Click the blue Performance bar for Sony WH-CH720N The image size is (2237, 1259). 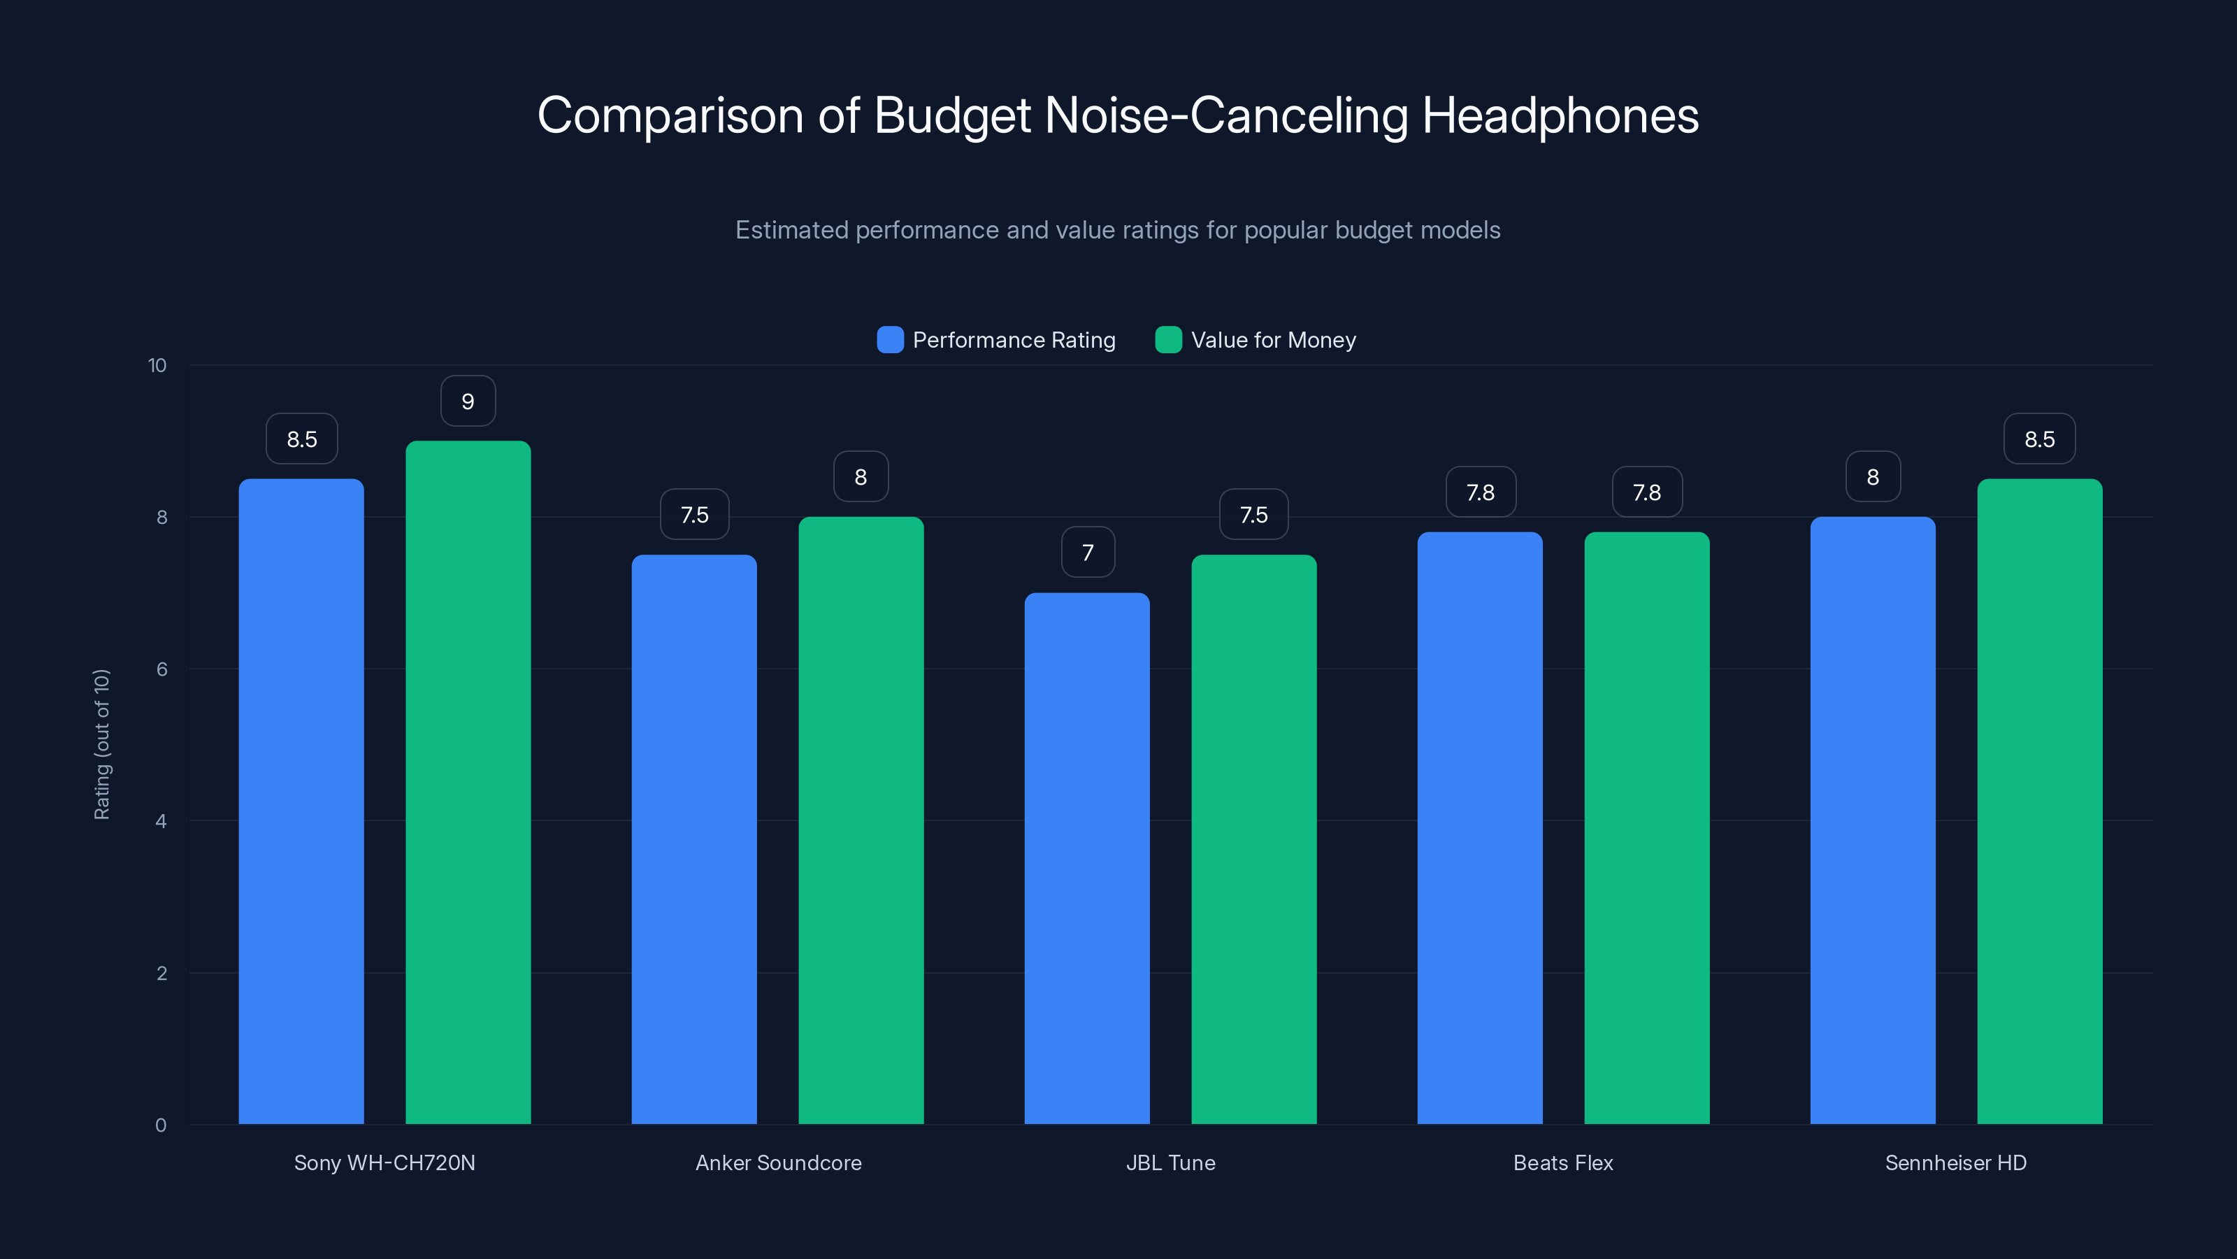(x=301, y=800)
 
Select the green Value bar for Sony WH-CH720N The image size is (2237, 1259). (x=468, y=782)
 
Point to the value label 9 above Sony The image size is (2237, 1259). (x=468, y=401)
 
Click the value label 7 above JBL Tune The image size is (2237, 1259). (x=1087, y=553)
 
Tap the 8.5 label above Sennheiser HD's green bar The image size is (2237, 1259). (x=2039, y=440)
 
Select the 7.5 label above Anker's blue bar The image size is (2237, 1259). (x=694, y=515)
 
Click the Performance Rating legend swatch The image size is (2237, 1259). (x=890, y=340)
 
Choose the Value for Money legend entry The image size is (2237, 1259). (x=1272, y=340)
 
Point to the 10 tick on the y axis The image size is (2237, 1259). (x=157, y=366)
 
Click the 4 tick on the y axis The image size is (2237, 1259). (x=161, y=821)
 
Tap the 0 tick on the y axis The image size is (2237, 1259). (x=161, y=1125)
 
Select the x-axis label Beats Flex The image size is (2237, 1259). (x=1562, y=1162)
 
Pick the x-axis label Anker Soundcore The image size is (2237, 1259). (x=778, y=1162)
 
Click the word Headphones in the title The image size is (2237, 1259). (x=1560, y=115)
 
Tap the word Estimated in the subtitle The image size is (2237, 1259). (x=791, y=230)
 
